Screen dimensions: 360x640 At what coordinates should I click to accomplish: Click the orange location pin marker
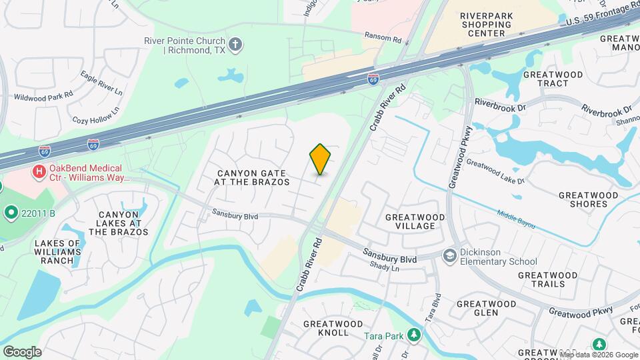click(321, 159)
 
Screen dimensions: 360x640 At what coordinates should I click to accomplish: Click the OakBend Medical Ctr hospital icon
click(39, 172)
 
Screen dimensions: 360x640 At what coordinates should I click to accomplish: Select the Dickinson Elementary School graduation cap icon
click(450, 256)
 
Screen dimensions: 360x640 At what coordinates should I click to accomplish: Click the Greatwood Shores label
click(588, 199)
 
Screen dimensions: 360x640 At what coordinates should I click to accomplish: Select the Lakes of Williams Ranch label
click(58, 251)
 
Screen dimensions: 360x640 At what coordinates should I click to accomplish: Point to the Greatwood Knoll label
click(326, 327)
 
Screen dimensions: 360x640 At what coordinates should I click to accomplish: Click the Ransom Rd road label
click(383, 38)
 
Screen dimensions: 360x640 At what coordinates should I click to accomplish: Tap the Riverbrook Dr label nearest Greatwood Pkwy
click(500, 103)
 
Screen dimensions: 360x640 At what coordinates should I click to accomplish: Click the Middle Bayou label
click(516, 220)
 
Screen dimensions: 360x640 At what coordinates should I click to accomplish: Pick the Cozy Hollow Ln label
click(95, 115)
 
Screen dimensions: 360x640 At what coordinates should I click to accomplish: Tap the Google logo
click(22, 351)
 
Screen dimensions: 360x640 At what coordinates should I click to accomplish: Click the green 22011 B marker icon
click(11, 213)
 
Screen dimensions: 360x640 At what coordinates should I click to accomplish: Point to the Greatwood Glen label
click(486, 308)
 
